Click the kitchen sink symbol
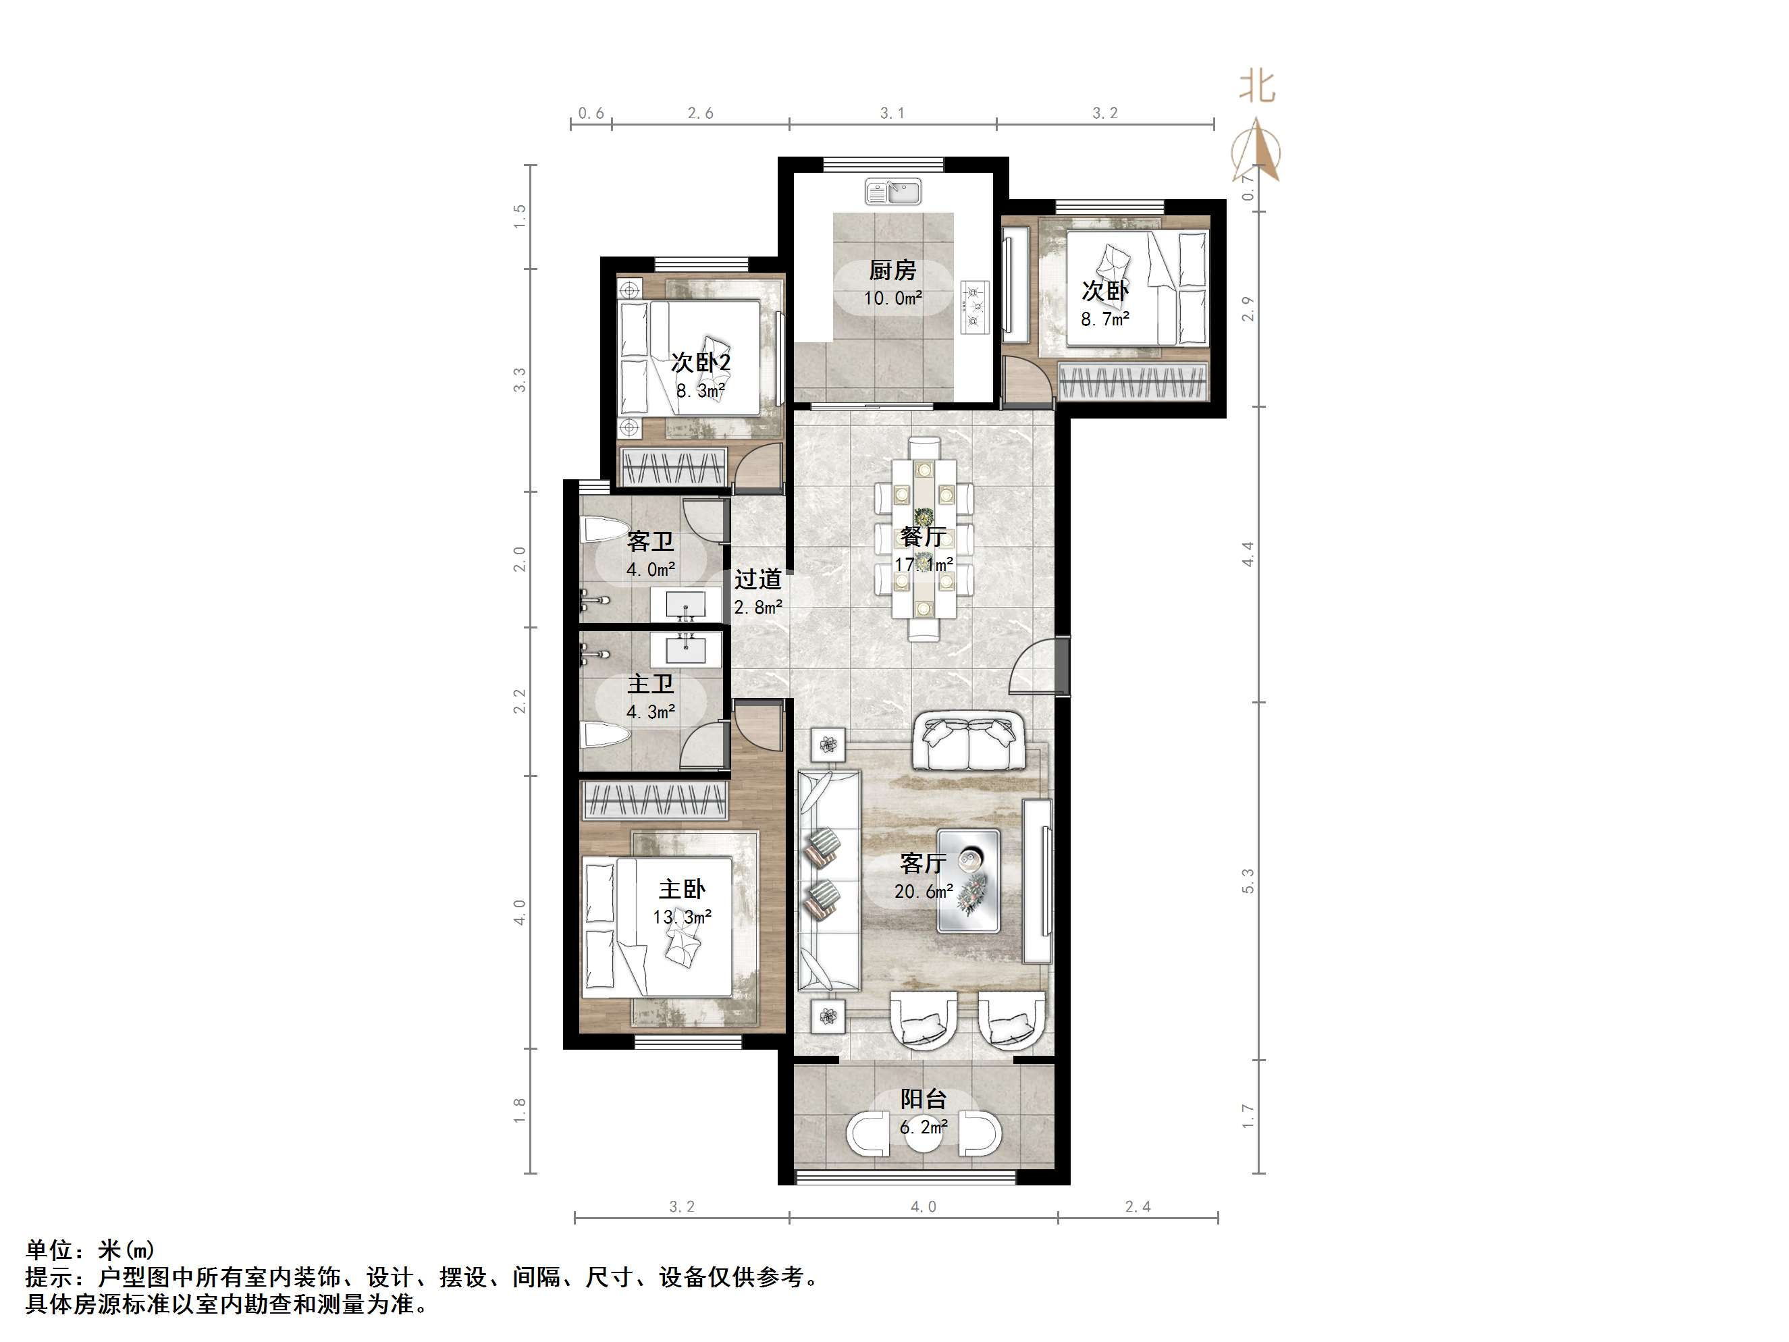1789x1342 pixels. pyautogui.click(x=893, y=192)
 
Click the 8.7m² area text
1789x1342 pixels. pyautogui.click(x=1104, y=319)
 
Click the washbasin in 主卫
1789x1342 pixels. pyautogui.click(x=685, y=649)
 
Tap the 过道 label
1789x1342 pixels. pyautogui.click(x=758, y=579)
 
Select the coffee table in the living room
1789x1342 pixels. pyautogui.click(x=968, y=880)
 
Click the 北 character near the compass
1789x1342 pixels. pyautogui.click(x=1257, y=86)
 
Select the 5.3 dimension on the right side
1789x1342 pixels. pyautogui.click(x=1248, y=880)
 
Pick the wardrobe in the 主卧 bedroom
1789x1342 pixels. pyautogui.click(x=655, y=799)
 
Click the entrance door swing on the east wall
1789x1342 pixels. pyautogui.click(x=1035, y=665)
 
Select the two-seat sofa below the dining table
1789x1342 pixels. pyautogui.click(x=968, y=741)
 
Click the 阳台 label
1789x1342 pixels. pyautogui.click(x=924, y=1098)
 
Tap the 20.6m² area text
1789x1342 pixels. pyautogui.click(x=924, y=892)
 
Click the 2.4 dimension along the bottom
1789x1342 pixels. pyautogui.click(x=1137, y=1206)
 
